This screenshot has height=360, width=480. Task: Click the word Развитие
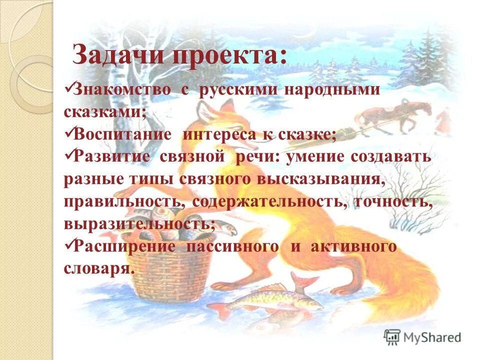click(x=112, y=156)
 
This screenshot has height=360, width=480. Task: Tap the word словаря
click(x=99, y=268)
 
